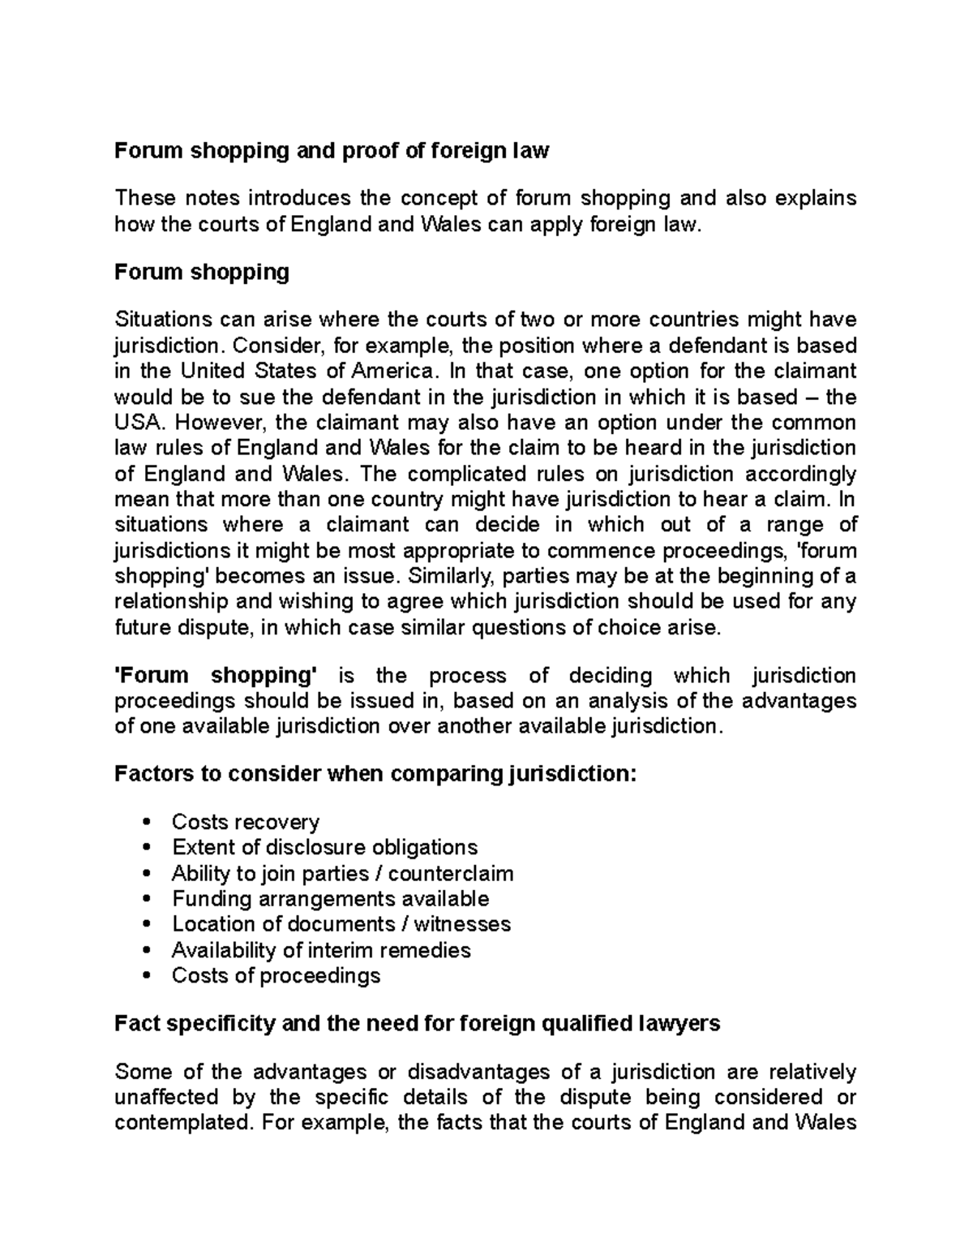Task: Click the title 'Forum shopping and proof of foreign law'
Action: point(332,150)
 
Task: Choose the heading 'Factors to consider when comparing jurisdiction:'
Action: point(376,774)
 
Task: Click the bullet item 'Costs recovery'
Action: point(246,822)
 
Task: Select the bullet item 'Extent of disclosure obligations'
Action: point(324,848)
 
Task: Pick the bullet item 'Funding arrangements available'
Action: point(330,899)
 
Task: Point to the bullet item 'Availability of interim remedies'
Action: point(321,950)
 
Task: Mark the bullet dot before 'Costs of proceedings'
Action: point(146,976)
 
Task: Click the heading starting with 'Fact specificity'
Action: point(418,1024)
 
